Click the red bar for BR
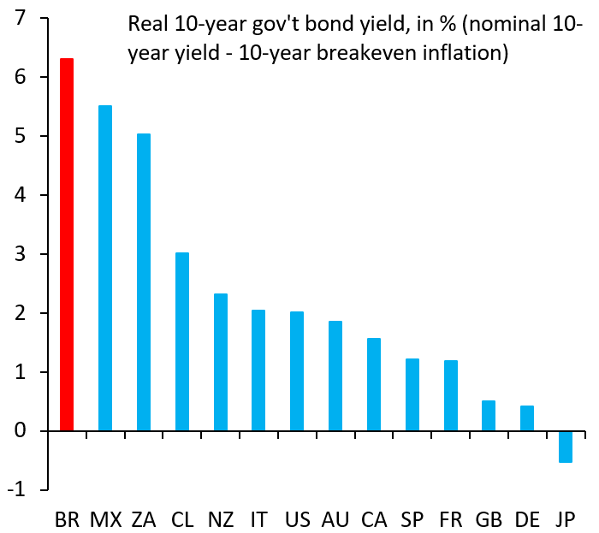click(x=67, y=245)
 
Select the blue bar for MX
click(x=105, y=269)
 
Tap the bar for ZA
click(x=144, y=282)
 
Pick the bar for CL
click(x=182, y=342)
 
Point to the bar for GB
click(x=489, y=416)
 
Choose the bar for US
click(x=297, y=371)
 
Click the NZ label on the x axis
click(x=220, y=519)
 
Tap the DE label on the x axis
click(x=527, y=519)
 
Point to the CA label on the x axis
click(x=373, y=519)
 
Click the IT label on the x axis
click(x=258, y=519)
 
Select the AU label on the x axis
click(x=335, y=519)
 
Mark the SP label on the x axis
click(x=412, y=519)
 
